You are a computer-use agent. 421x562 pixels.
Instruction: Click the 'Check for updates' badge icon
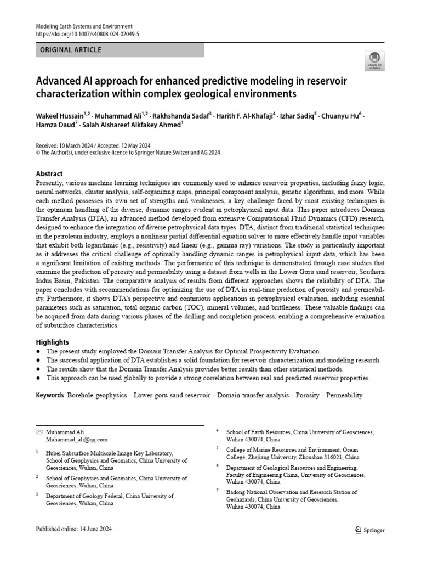click(374, 60)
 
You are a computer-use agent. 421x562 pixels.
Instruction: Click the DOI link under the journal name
click(88, 34)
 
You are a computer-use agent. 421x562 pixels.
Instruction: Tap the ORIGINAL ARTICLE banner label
click(71, 50)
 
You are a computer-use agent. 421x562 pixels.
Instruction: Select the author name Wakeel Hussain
click(59, 117)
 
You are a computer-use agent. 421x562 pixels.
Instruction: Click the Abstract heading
click(49, 173)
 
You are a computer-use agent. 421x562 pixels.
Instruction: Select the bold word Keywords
click(50, 395)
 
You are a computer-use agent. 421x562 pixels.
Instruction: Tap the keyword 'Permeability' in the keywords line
click(344, 395)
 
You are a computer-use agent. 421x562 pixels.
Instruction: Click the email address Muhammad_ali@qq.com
click(77, 440)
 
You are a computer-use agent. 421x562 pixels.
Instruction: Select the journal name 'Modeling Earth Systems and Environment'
click(84, 26)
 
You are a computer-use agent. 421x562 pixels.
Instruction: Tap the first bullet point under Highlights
click(38, 351)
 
